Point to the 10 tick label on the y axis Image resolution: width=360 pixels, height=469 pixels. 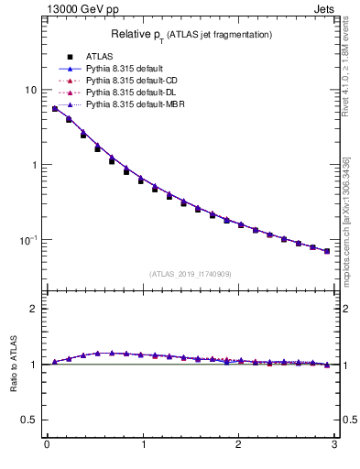(31, 90)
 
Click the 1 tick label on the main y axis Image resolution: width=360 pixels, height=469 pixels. (34, 165)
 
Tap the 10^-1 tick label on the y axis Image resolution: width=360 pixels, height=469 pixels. (29, 240)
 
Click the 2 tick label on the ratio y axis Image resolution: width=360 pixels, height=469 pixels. (34, 309)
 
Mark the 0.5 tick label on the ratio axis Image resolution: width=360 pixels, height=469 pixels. (30, 420)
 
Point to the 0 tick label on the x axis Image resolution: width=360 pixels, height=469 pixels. (46, 446)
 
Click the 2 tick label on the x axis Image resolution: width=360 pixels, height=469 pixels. (238, 446)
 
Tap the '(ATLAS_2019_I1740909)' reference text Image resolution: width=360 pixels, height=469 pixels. (190, 274)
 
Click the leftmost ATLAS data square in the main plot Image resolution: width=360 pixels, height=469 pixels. (55, 109)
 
